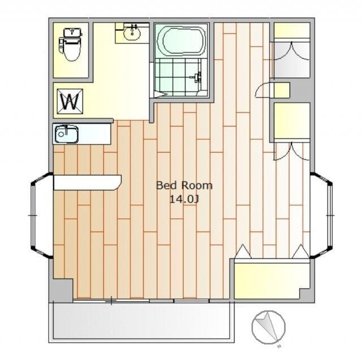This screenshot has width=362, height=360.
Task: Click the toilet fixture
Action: (x=70, y=44)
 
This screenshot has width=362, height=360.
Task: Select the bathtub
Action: (x=181, y=41)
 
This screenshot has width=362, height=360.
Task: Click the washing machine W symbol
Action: (x=70, y=101)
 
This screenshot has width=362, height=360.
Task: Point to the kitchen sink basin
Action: (x=66, y=134)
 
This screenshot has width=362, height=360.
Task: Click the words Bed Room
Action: (x=184, y=185)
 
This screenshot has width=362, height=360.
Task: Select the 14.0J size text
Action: (x=184, y=199)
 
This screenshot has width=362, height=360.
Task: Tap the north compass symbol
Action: (x=269, y=327)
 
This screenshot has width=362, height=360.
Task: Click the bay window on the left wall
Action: (x=41, y=215)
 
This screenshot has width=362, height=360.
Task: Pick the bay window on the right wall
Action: (x=322, y=215)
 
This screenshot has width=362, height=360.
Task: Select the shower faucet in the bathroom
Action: (x=197, y=77)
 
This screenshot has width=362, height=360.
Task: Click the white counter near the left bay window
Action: (x=87, y=183)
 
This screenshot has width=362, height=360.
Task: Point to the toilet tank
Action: (x=73, y=32)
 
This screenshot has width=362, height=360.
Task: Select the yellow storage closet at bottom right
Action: (x=271, y=279)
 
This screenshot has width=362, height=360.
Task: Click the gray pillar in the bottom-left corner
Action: (x=61, y=290)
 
